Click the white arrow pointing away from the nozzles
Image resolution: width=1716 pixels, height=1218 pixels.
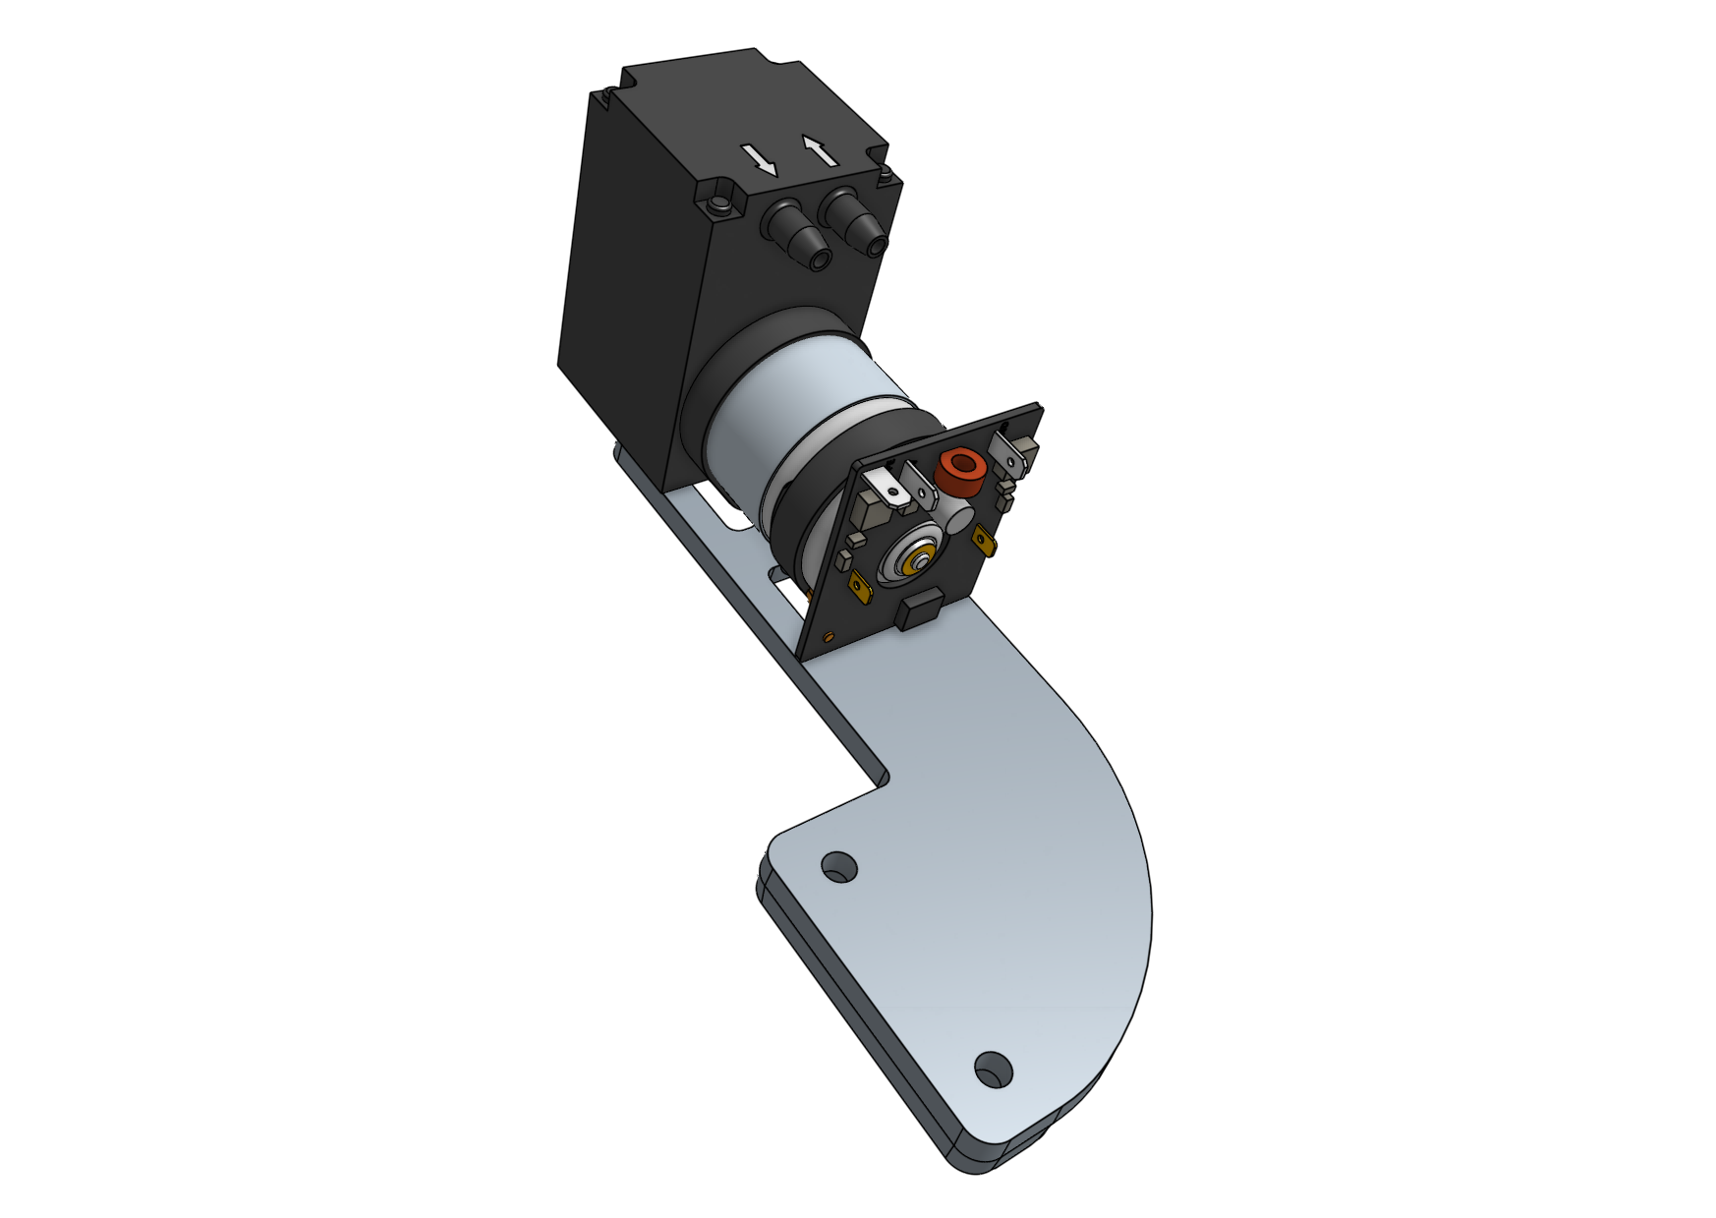(819, 150)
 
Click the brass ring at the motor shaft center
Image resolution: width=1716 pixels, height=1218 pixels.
(921, 563)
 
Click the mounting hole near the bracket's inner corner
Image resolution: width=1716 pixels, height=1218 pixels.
(838, 867)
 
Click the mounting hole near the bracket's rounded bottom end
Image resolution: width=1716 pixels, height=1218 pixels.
(992, 1068)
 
